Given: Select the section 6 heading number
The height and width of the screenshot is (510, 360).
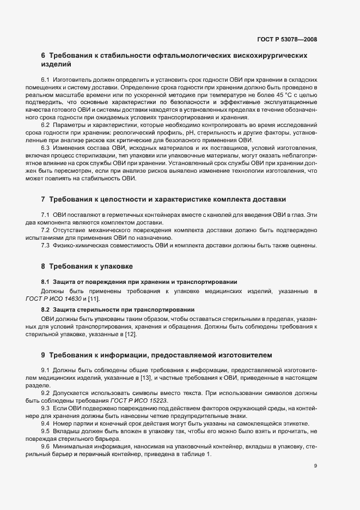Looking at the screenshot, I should click(x=43, y=56).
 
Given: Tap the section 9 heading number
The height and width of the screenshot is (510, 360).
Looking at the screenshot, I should click(x=43, y=355).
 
